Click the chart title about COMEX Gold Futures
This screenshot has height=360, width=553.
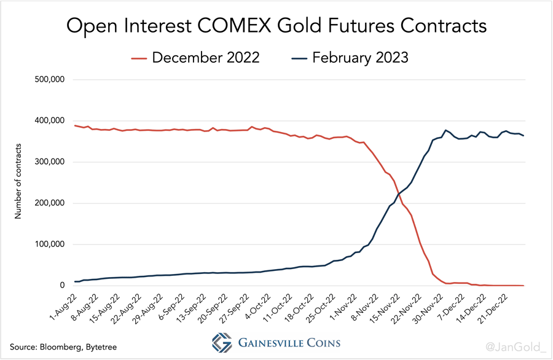coord(276,26)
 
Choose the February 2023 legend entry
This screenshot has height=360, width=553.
coord(359,58)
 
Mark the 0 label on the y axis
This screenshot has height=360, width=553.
coord(62,286)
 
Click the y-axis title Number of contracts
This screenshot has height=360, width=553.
coord(18,182)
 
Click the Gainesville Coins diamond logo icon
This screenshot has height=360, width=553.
coord(222,343)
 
